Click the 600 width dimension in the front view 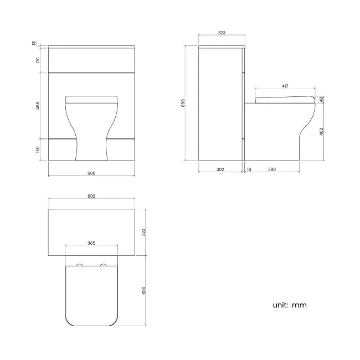(91, 173)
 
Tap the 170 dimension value (38, 60)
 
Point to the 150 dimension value (38, 150)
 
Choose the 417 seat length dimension (285, 86)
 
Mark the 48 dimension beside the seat (322, 100)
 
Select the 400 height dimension (322, 132)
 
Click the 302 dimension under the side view (220, 169)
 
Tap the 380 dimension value (272, 169)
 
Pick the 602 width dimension (91, 196)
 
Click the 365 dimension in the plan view (91, 243)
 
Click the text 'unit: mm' (289, 305)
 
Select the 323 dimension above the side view (222, 33)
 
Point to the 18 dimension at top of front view (34, 43)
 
